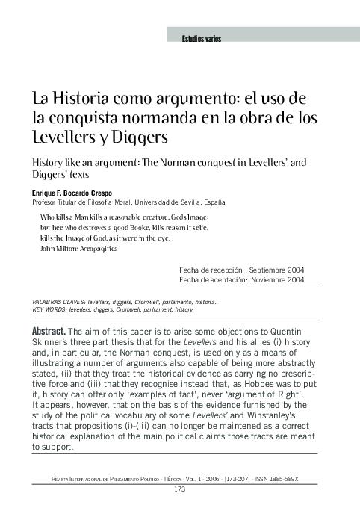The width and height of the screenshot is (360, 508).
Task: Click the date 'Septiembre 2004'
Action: tap(277, 270)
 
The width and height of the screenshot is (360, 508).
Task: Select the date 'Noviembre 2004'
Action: tap(277, 279)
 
